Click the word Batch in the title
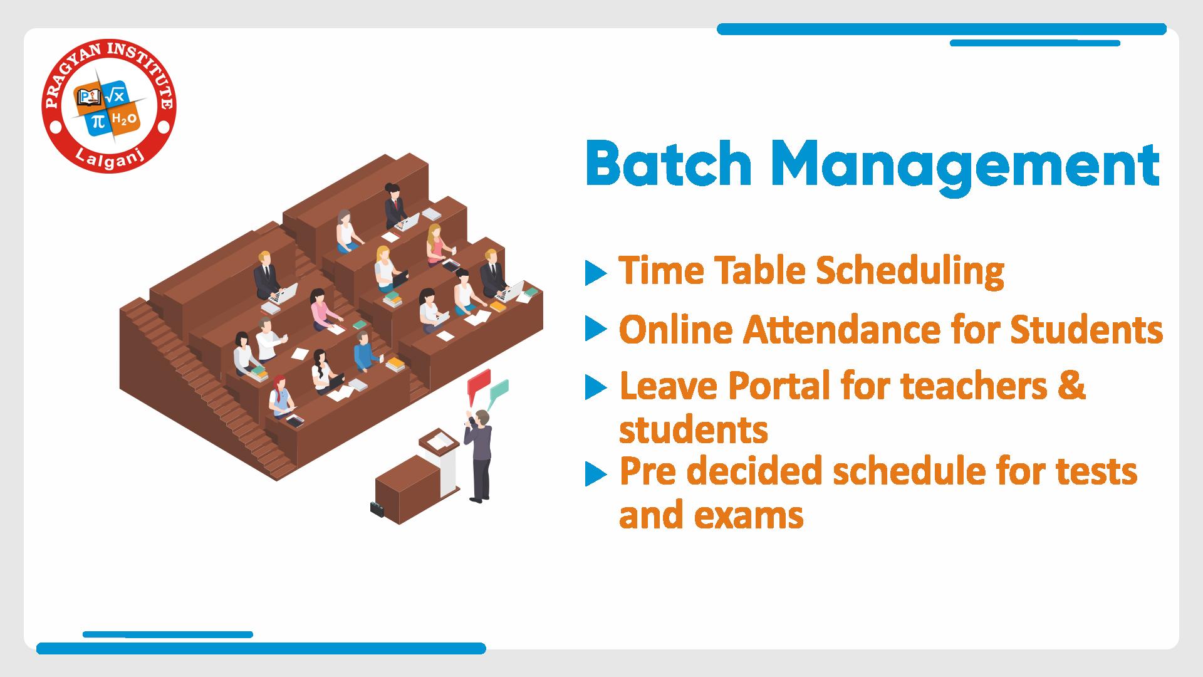pos(668,164)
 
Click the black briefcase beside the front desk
pos(377,509)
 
